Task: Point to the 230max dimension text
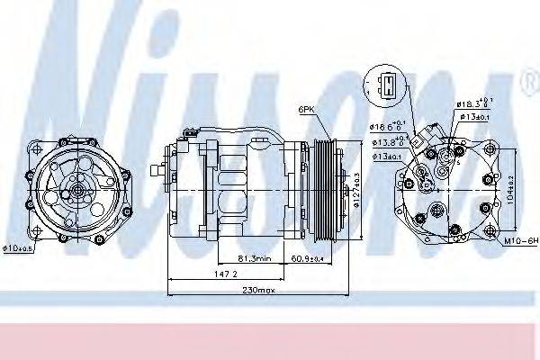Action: (258, 289)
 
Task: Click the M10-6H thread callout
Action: (519, 242)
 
